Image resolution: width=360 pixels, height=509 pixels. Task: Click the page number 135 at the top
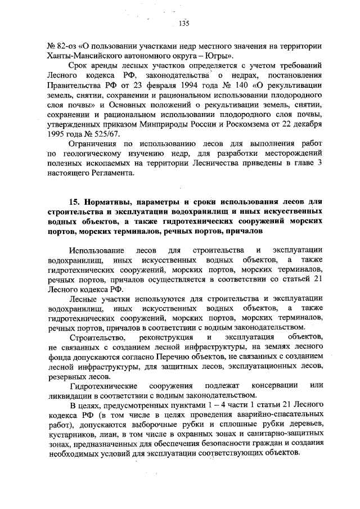pyautogui.click(x=183, y=23)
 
